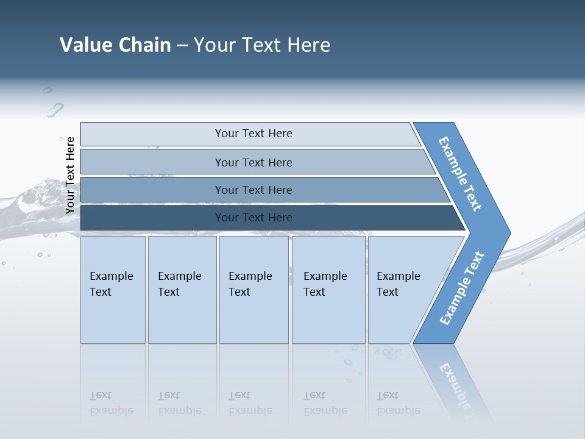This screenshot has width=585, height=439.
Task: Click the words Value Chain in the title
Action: (x=115, y=45)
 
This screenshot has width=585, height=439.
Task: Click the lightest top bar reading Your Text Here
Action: (x=253, y=134)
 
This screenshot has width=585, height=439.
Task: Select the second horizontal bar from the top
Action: (x=253, y=162)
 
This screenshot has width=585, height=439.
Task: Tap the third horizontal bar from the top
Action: (x=253, y=190)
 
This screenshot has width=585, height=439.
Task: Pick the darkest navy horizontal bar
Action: (x=253, y=218)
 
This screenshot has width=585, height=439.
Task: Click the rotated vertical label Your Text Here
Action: (x=70, y=175)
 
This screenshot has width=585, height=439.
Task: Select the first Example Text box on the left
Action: (x=113, y=290)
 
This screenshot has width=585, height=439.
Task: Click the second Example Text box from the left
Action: (x=182, y=290)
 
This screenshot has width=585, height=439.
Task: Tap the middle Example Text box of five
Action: (x=253, y=290)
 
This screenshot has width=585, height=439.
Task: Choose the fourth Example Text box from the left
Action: (x=328, y=290)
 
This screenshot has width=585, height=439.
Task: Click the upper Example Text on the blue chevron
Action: (x=461, y=174)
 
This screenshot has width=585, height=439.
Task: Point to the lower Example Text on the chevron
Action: (x=462, y=288)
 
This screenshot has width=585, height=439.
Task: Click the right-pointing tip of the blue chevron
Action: (x=506, y=232)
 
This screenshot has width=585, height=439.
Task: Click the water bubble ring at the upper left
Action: (x=55, y=110)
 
